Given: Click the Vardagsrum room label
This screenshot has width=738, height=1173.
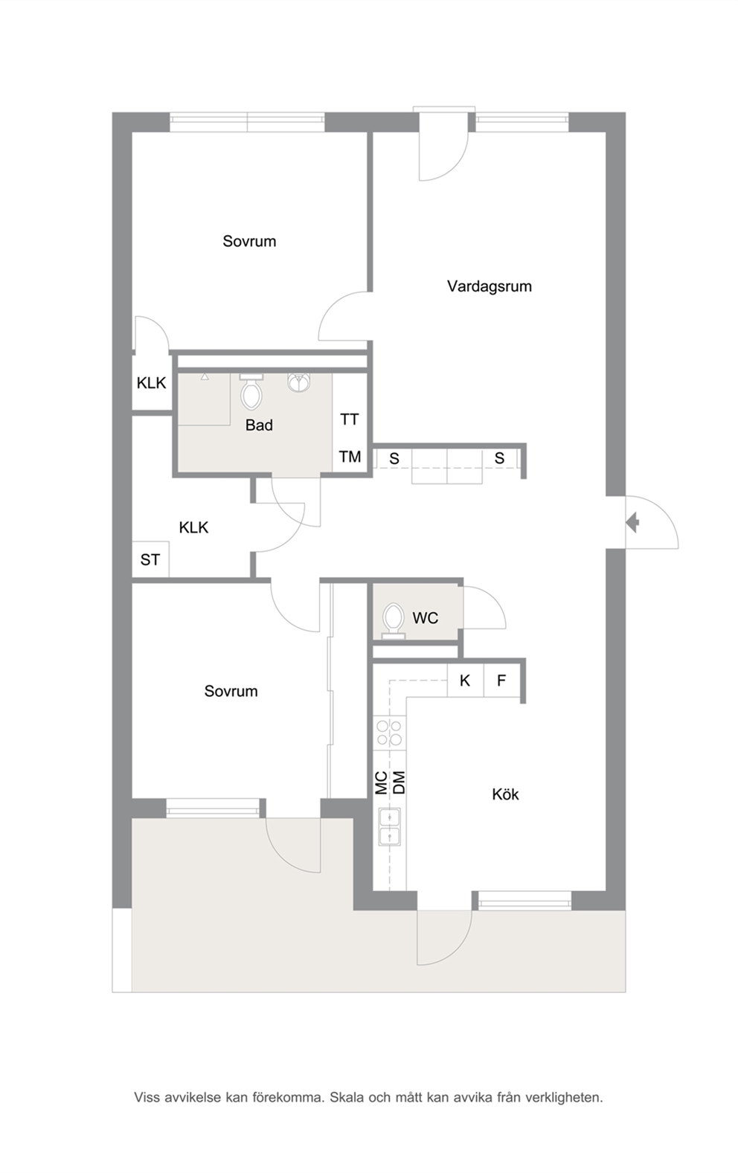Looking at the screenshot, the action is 490,286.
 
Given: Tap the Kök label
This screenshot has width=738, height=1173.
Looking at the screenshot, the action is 505,794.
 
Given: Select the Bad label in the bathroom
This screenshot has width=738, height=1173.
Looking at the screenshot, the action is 259,425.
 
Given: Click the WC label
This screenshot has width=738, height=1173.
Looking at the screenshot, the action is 425,618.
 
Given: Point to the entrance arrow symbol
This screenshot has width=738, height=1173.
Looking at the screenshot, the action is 632,522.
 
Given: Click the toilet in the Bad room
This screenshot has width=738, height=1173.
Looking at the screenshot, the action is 251,391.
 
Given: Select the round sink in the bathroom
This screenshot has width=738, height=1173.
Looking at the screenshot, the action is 298,382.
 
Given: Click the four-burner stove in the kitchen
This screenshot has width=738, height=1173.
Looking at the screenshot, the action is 389,732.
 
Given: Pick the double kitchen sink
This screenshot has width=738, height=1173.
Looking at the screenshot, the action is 390,827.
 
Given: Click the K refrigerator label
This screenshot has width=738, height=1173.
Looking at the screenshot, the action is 464,681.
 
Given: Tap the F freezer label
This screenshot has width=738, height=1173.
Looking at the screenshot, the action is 501,681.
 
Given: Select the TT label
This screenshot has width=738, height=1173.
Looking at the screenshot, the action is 350,420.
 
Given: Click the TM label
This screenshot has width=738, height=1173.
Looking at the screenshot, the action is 350,457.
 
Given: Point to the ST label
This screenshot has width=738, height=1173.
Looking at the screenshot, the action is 150,560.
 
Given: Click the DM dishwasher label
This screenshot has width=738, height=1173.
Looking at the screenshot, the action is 399,782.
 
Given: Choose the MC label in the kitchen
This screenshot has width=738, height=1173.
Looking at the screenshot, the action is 382,782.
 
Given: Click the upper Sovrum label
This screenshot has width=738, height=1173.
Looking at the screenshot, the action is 249,242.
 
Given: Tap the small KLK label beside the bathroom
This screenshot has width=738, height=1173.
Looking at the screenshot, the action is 151,383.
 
